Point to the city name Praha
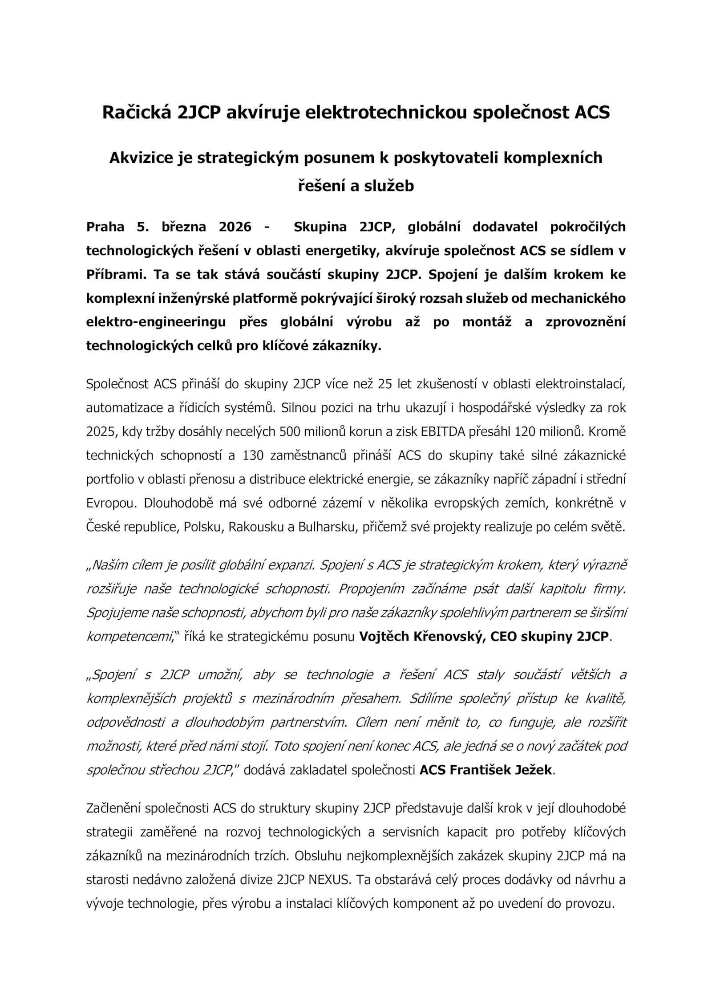[105, 227]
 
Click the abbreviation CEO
[504, 637]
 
